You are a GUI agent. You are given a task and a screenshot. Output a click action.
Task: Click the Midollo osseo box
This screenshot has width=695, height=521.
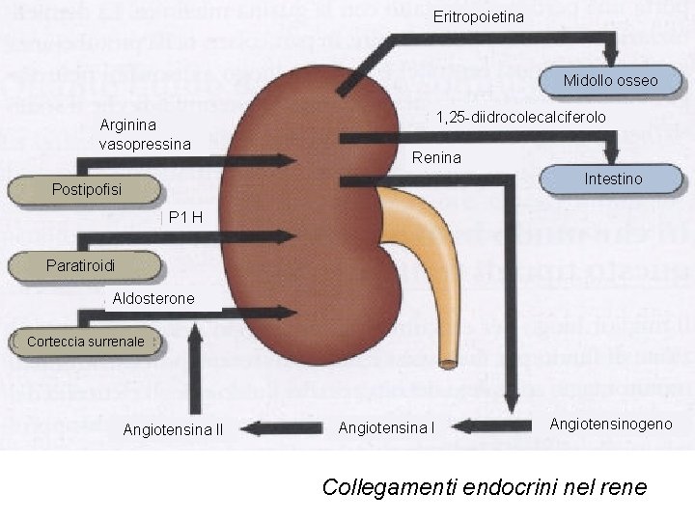(610, 81)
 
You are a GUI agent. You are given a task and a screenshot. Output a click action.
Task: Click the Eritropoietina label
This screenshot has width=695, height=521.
(479, 17)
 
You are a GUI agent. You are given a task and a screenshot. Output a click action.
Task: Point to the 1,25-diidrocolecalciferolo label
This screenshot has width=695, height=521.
(520, 118)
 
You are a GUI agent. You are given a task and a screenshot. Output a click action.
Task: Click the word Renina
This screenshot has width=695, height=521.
(436, 157)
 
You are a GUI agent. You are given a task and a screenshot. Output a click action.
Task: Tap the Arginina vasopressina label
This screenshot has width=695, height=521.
(145, 134)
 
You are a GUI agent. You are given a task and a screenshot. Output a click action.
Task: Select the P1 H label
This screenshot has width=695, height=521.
(184, 218)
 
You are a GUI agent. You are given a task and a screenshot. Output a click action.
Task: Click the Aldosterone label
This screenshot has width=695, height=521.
(153, 299)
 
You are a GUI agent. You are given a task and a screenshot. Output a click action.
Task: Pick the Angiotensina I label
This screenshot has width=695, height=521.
(386, 427)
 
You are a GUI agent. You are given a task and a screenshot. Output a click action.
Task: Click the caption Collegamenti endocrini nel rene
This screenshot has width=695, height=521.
(484, 486)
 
